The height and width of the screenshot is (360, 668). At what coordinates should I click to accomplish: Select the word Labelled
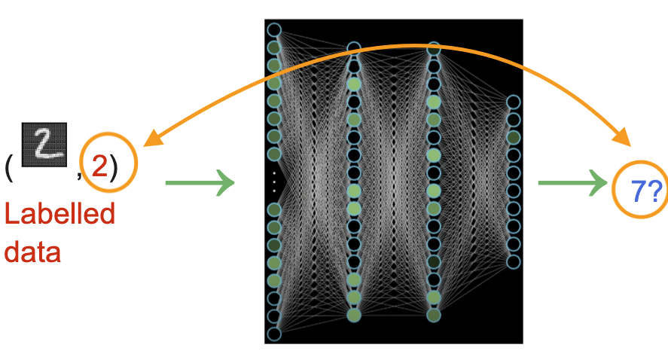59,215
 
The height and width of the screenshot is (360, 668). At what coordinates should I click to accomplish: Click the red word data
32,251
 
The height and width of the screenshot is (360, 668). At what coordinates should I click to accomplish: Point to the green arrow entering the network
200,182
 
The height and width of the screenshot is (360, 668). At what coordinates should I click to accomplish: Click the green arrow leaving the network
572,182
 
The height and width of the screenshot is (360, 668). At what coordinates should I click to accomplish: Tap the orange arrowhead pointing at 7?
624,139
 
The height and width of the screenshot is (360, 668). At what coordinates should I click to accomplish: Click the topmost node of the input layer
274,30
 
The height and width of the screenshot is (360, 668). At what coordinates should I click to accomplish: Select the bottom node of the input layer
274,334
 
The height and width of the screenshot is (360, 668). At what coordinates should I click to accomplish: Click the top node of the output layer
513,102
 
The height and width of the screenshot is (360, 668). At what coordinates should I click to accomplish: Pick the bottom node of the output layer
513,262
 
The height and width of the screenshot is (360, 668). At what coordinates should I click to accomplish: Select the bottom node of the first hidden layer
354,315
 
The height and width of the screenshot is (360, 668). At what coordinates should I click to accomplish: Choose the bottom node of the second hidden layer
434,315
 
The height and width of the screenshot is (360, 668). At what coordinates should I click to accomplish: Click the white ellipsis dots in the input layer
274,182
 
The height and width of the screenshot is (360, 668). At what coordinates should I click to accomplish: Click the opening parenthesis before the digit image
9,167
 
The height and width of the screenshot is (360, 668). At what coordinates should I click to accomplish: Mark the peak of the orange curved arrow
392,47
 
